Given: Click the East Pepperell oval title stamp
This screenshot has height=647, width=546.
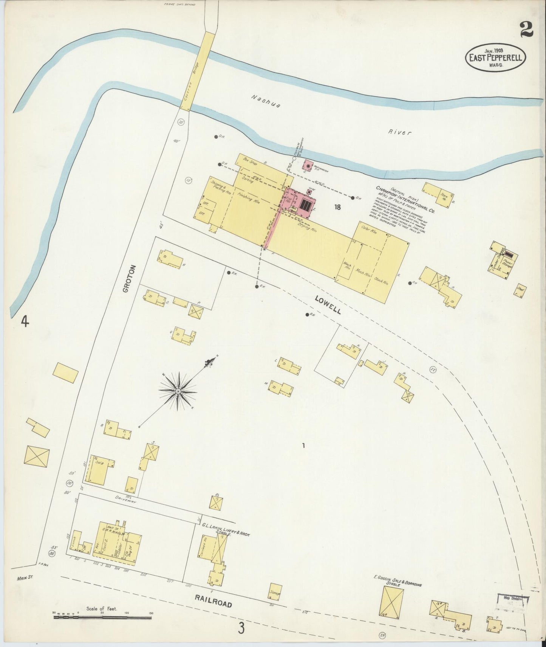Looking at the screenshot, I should (495, 57).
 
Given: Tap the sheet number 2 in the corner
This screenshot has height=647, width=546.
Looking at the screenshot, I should (526, 29).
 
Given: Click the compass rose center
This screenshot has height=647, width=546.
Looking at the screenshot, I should (178, 391).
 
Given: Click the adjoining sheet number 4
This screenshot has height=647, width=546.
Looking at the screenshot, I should (25, 322).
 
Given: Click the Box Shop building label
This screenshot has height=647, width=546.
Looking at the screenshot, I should (250, 159).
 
